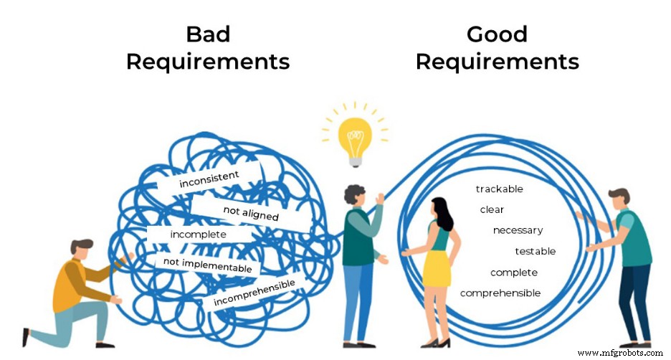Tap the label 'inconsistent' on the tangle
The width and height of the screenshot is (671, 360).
[x=209, y=179]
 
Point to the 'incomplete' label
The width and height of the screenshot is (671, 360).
[x=198, y=235]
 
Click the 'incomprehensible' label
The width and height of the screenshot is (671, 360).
[x=254, y=292]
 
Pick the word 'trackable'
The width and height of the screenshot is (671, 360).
[x=499, y=189]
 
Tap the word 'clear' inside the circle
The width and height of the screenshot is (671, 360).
[x=492, y=210]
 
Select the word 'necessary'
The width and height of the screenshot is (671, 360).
[x=518, y=230]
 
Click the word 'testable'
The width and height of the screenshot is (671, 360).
[x=535, y=251]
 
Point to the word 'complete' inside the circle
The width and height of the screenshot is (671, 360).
[x=513, y=273]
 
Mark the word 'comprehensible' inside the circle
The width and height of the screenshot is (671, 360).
[x=500, y=293]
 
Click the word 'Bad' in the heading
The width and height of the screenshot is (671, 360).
[x=207, y=34]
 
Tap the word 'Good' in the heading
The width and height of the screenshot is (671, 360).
[x=497, y=34]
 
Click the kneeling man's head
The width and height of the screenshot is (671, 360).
[x=82, y=248]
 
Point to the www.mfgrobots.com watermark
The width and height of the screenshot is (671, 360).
[x=620, y=353]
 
